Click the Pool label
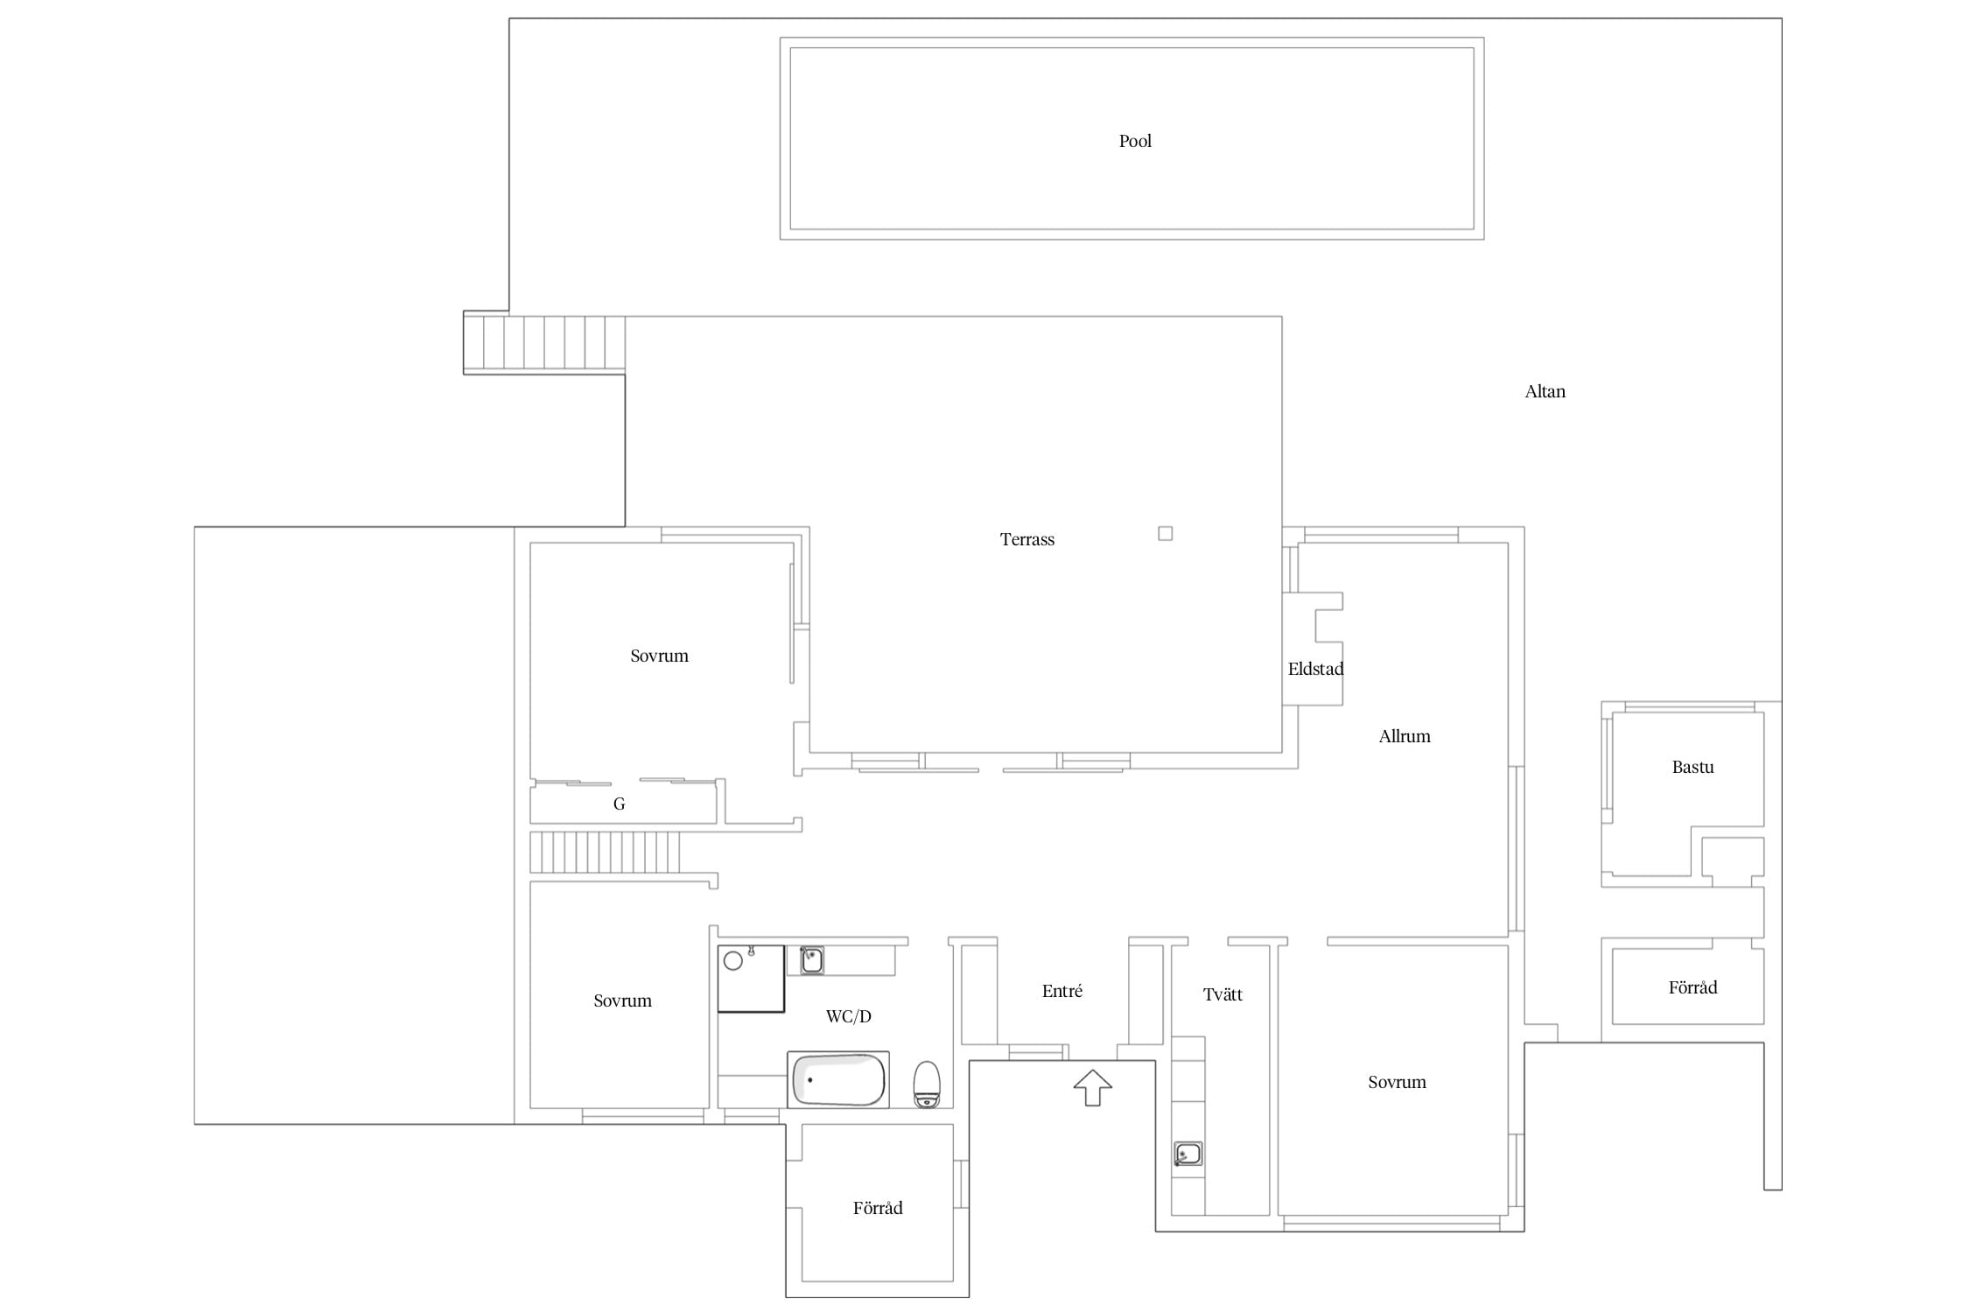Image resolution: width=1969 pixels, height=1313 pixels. (1135, 141)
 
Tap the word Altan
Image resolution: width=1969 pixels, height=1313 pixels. (1545, 391)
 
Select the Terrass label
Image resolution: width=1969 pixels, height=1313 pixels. (1027, 539)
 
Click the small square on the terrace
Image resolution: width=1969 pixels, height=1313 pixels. (1165, 533)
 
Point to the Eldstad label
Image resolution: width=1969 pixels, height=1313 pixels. (1315, 669)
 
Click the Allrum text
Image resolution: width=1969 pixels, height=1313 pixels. (1405, 736)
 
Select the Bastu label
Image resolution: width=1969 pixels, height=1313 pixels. (1692, 767)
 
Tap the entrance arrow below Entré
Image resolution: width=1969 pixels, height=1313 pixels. (1092, 1087)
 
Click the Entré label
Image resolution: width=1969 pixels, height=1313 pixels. (1062, 991)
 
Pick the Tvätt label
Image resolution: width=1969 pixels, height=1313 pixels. (1223, 994)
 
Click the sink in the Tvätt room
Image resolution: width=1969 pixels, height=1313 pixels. (1188, 1154)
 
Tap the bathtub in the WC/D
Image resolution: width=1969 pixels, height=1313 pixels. (837, 1079)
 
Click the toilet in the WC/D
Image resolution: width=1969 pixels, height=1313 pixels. (927, 1085)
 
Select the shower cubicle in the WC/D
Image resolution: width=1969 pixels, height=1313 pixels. (751, 979)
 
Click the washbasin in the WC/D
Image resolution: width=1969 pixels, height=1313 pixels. (811, 960)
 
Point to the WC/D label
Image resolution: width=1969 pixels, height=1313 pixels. (849, 1016)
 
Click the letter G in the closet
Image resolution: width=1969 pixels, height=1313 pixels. (619, 804)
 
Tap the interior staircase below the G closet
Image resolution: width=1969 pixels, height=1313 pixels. (605, 852)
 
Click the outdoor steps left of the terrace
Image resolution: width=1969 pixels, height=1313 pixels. (544, 342)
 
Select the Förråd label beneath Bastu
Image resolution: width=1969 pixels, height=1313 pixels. (1692, 987)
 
